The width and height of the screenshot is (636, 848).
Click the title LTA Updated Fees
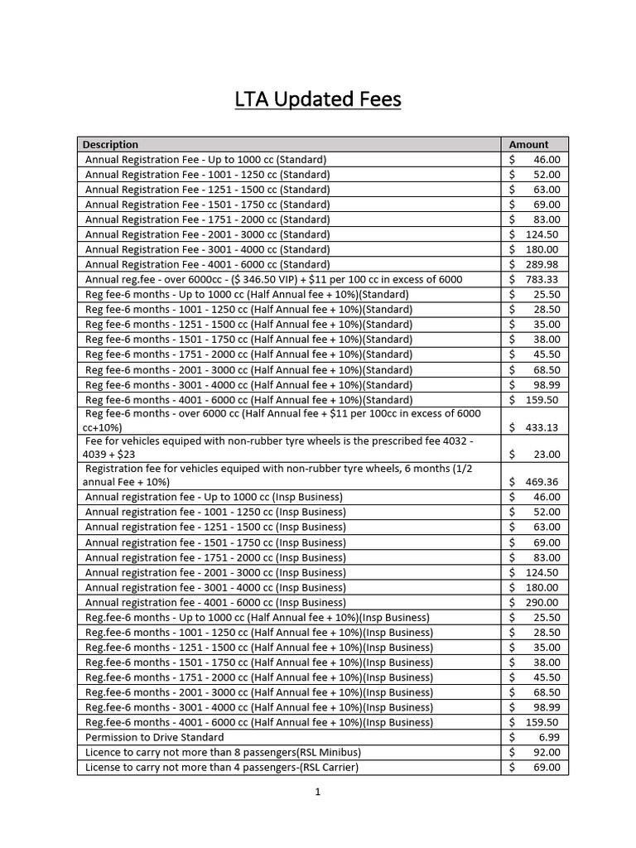(317, 100)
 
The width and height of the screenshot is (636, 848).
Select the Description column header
(111, 144)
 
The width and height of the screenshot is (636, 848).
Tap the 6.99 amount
(548, 737)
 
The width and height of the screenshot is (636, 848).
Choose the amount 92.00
(546, 752)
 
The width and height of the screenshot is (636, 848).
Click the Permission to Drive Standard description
(155, 737)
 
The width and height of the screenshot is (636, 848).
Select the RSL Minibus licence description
(223, 752)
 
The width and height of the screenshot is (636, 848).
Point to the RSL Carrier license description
(221, 767)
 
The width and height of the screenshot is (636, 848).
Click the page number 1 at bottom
(317, 792)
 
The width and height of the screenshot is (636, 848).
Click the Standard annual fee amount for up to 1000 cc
(546, 159)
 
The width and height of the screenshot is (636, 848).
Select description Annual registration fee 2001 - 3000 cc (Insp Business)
(215, 572)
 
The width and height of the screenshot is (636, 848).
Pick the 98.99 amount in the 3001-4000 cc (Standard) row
(546, 385)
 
